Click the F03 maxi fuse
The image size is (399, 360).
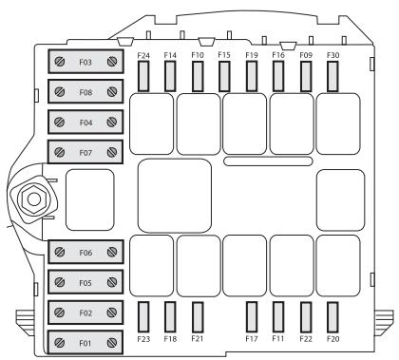pyautogui.click(x=85, y=63)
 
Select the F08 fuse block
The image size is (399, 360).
pyautogui.click(x=85, y=93)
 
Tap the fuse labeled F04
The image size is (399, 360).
pyautogui.click(x=85, y=123)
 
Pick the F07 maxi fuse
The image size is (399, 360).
pyautogui.click(x=85, y=152)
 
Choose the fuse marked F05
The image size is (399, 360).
pyautogui.click(x=85, y=282)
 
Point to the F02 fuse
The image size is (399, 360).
pyautogui.click(x=85, y=312)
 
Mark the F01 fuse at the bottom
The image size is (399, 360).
pyautogui.click(x=85, y=341)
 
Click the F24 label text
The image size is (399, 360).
pyautogui.click(x=144, y=56)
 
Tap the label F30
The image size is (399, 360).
pyautogui.click(x=333, y=56)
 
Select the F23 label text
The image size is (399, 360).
pyautogui.click(x=144, y=338)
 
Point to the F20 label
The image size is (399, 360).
pyautogui.click(x=333, y=338)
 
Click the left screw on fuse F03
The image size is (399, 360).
pyautogui.click(x=60, y=63)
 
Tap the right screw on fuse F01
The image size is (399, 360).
pyautogui.click(x=112, y=341)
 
